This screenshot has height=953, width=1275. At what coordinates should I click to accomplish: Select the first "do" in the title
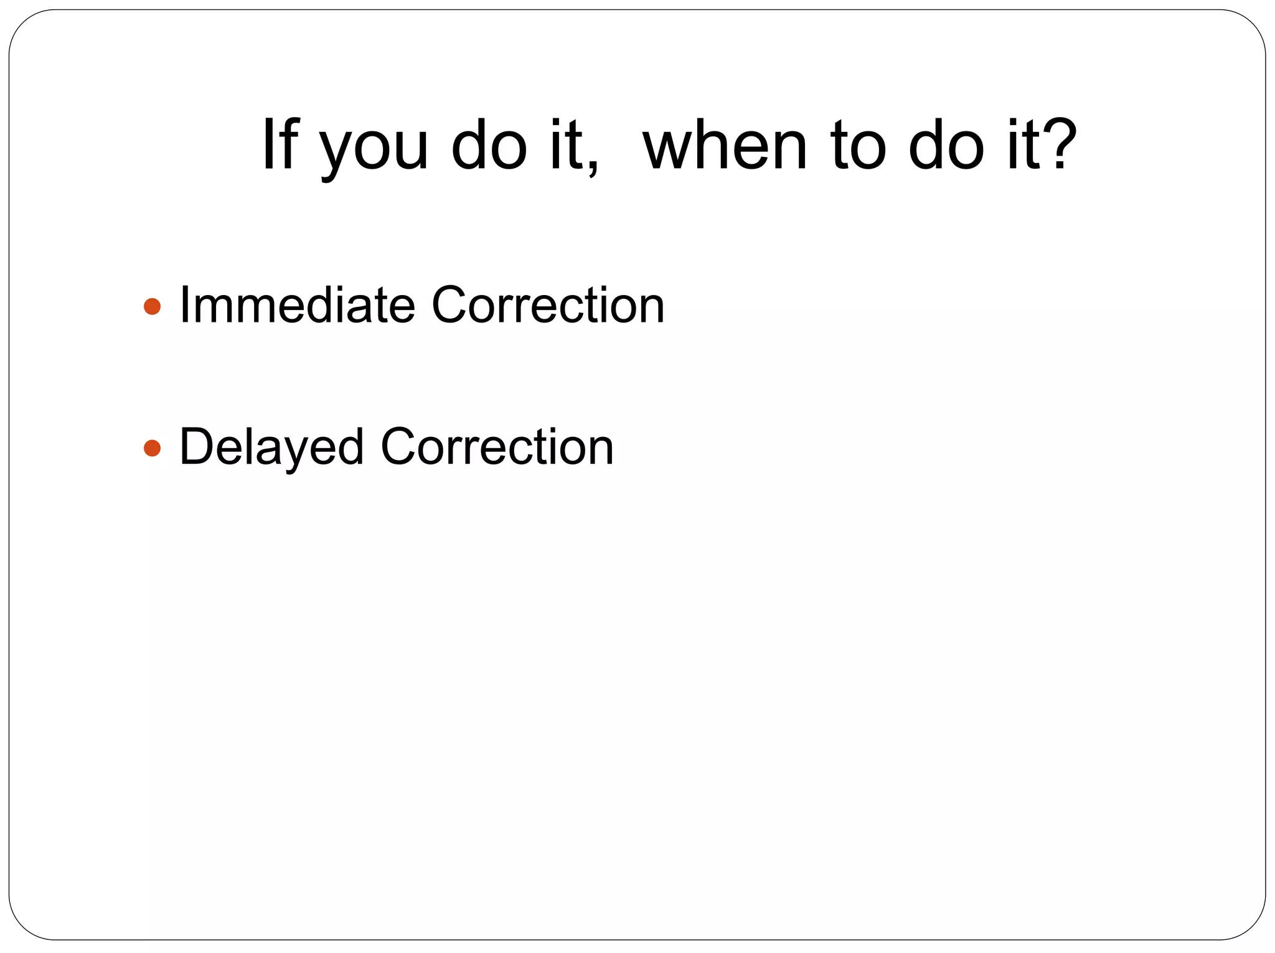pos(489,144)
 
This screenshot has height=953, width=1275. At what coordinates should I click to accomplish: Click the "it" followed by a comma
pos(565,144)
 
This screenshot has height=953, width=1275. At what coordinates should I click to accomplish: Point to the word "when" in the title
pos(725,144)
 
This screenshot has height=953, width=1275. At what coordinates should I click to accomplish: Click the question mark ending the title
pos(1059,144)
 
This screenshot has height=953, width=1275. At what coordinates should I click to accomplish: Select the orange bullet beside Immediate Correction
pos(152,306)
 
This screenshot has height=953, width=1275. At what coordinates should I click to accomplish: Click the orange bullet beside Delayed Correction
pos(152,448)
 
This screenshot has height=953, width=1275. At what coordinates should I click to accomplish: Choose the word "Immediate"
pos(297,305)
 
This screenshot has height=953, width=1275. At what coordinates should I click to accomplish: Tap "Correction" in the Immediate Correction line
pos(548,305)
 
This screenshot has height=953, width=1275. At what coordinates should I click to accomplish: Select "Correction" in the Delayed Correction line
pos(497,447)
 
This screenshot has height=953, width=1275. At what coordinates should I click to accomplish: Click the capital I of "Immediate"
pos(184,305)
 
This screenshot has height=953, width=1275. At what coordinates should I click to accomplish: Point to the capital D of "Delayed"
pos(194,447)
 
